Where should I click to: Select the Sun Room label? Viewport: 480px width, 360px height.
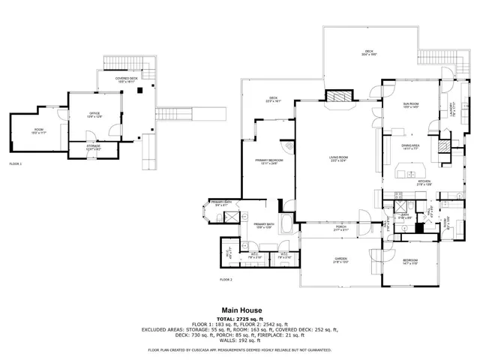[x=410, y=104]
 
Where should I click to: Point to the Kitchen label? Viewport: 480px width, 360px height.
[x=424, y=181]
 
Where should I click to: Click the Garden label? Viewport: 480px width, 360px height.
[x=340, y=259]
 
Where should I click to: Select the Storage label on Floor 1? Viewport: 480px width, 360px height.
[x=93, y=147]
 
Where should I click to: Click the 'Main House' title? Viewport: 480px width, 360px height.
[x=239, y=309]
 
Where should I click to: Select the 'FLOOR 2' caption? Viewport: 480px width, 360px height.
[x=226, y=279]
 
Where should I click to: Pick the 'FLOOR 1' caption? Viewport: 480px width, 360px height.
[x=15, y=163]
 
